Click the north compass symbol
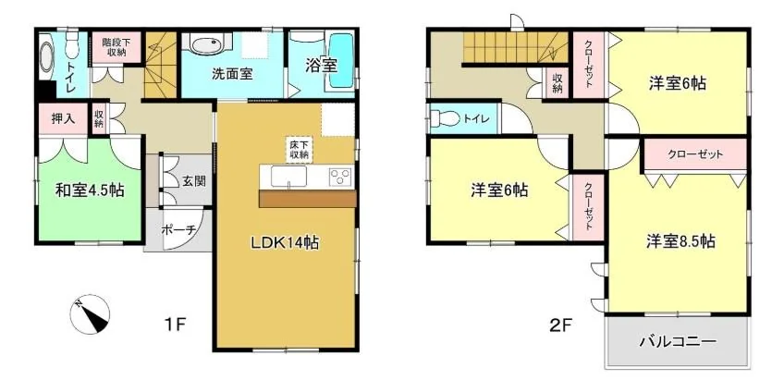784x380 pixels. point(90,314)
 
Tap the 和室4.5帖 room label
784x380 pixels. point(90,190)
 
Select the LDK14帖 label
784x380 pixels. point(286,243)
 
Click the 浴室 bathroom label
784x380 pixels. point(322,65)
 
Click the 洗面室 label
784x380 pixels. point(231,75)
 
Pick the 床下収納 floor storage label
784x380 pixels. point(299,150)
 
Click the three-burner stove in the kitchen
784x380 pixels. point(340,177)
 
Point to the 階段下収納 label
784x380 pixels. point(116,47)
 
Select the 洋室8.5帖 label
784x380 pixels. point(680,241)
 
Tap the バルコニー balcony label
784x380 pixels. point(679,342)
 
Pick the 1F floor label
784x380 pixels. point(176,325)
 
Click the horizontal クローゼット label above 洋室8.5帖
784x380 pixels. point(695,154)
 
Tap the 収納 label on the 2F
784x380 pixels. point(557,83)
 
